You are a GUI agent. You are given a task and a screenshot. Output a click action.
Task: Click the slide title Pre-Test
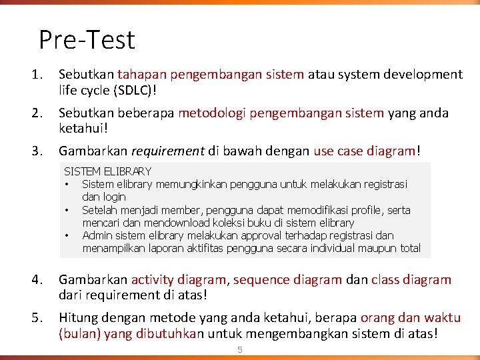click(x=87, y=39)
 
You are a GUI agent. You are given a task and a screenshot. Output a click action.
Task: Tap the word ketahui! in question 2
click(x=83, y=128)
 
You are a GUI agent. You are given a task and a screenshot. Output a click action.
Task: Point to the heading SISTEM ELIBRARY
click(x=107, y=171)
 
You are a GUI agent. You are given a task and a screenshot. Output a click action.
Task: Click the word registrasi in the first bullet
click(x=385, y=184)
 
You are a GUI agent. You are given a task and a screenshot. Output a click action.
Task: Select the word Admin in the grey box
click(x=96, y=235)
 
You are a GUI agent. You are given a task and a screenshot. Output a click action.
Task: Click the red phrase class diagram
click(x=411, y=280)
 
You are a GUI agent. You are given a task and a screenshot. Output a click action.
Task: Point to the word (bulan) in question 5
click(x=79, y=333)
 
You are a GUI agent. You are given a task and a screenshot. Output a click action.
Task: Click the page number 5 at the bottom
click(x=241, y=350)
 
